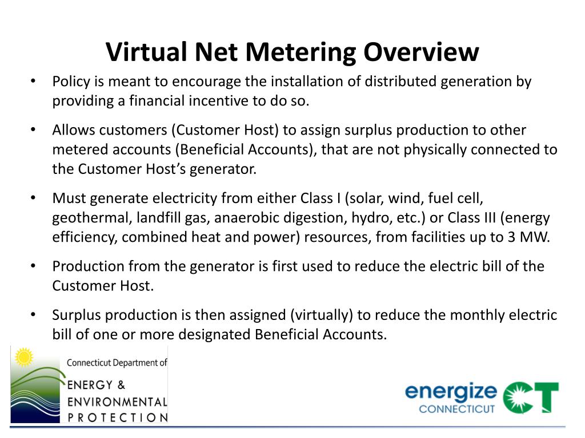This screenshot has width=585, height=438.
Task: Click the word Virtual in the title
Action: point(146,52)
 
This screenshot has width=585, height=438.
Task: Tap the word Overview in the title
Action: point(422,52)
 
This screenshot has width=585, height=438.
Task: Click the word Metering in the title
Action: point(299,52)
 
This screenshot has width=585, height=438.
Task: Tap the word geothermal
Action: point(85,218)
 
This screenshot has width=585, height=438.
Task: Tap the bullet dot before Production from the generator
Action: point(34,266)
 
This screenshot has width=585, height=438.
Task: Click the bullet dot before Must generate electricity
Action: point(34,198)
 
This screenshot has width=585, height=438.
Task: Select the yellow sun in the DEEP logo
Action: point(24,358)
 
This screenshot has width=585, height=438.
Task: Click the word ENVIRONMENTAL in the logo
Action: point(117,401)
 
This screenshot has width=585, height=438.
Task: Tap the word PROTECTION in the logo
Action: point(117,417)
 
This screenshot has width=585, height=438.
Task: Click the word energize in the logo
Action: point(451,392)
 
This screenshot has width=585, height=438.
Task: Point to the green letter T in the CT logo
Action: point(546,397)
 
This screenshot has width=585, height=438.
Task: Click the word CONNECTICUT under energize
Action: point(456,409)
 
